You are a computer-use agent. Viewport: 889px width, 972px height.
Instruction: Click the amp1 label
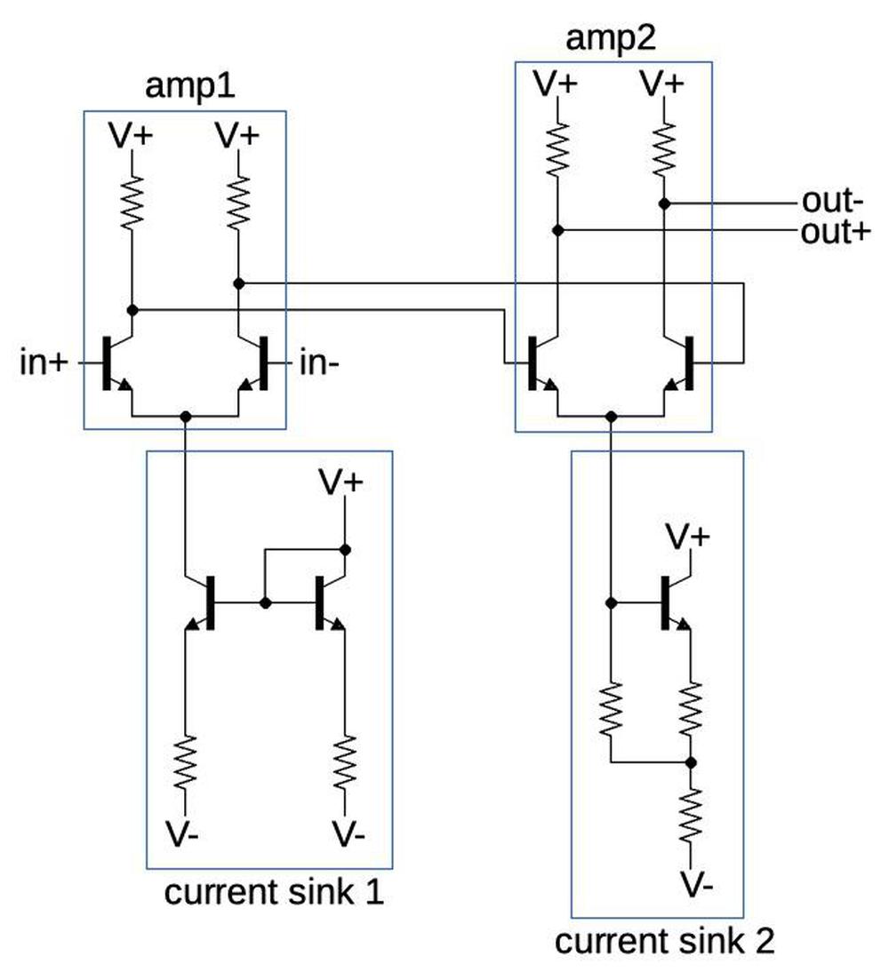coord(183,88)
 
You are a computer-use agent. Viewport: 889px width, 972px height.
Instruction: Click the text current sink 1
coord(274,892)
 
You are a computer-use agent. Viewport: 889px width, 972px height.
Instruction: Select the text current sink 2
coord(664,942)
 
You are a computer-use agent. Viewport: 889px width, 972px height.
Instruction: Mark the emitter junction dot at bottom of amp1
coord(186,416)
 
